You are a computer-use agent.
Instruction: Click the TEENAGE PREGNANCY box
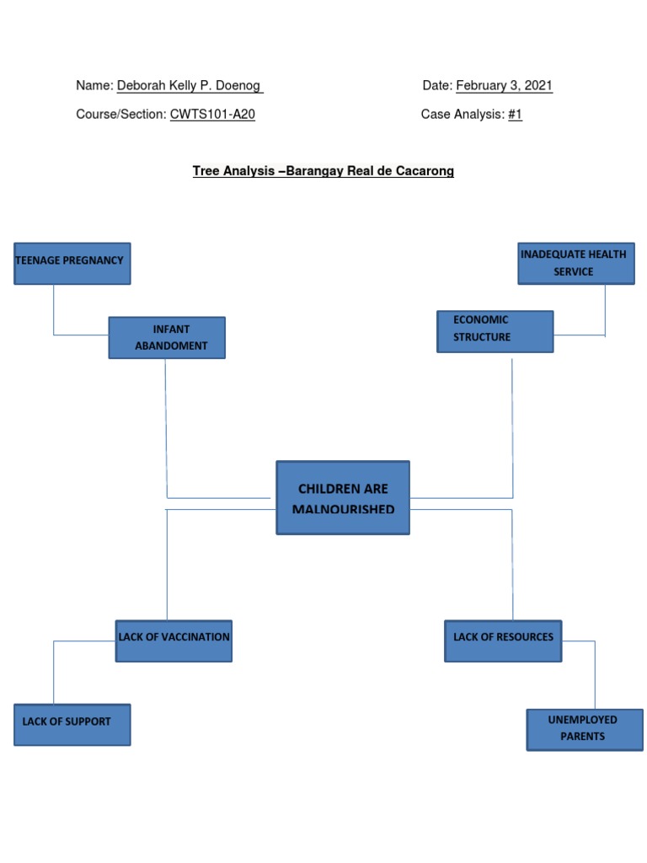pos(72,263)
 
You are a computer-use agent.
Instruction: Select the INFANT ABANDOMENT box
pos(167,337)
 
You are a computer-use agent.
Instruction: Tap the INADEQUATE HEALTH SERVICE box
pos(575,263)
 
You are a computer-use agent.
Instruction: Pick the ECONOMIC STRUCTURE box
pos(495,330)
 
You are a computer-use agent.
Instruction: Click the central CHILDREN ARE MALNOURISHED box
pos(343,497)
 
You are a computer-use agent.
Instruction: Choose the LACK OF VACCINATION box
pos(174,641)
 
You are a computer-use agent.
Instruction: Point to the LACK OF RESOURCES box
pos(504,641)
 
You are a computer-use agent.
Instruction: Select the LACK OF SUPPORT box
pos(72,725)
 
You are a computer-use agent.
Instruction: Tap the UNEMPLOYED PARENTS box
pos(584,729)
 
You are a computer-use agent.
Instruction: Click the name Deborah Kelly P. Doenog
pos(190,86)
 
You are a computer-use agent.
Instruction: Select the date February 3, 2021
pos(504,86)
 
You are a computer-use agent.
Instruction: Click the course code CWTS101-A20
pos(212,115)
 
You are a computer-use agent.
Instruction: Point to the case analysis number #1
pos(515,115)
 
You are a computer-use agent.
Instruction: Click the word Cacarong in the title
pos(426,171)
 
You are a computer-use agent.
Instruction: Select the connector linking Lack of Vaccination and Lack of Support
pos(55,670)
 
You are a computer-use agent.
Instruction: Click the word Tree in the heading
pos(206,171)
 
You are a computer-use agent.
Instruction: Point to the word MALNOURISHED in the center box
pos(343,509)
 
